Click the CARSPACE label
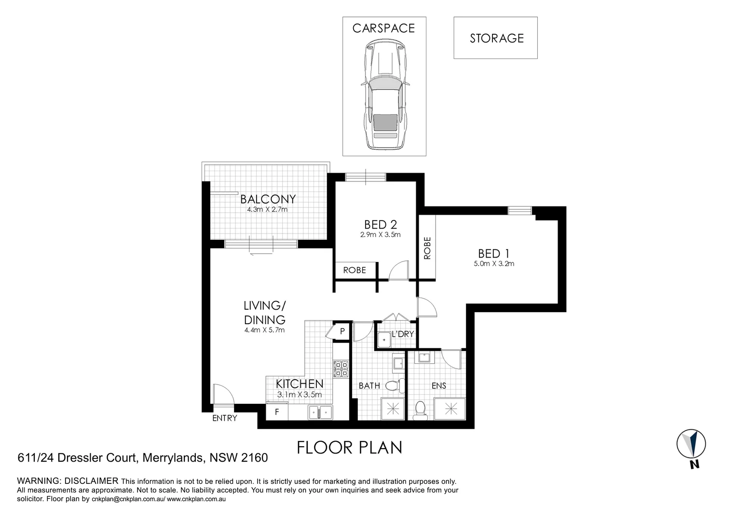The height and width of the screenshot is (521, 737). coord(383,28)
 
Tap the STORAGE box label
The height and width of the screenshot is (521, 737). coord(496,39)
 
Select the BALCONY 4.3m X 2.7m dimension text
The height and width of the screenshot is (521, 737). coord(267,210)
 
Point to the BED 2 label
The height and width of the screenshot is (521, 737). coord(381,224)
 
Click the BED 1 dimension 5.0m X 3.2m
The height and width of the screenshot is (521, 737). coord(494,264)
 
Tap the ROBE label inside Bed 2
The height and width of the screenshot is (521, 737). coord(354,270)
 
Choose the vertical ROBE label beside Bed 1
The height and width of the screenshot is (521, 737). coord(427,248)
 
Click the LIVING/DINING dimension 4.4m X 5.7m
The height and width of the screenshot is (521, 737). coord(264,330)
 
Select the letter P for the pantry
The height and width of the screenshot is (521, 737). coord(342,331)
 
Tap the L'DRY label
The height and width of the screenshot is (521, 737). coord(403,334)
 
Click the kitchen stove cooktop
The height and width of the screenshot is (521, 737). coord(341,369)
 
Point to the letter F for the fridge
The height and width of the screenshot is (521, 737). coord(277,412)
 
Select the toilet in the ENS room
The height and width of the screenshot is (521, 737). coord(420,410)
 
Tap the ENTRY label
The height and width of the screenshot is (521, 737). coord(225,418)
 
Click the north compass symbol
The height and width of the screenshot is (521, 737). coord(691,444)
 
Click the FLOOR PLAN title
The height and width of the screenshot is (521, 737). coord(349,448)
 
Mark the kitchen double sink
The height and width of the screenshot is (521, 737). coord(321,412)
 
